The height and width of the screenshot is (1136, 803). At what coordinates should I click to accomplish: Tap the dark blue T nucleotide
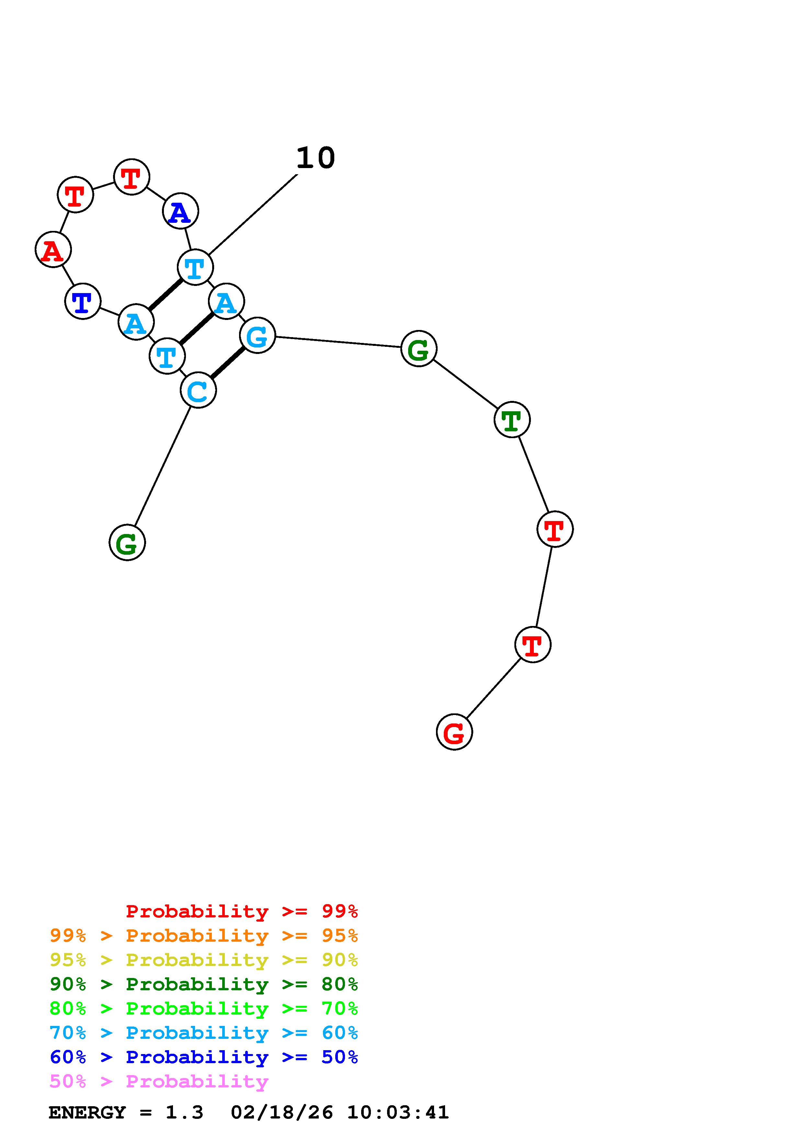(83, 301)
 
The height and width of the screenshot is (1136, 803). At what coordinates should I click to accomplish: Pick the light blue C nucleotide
(198, 390)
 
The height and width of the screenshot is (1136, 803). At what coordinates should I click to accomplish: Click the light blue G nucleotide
(257, 335)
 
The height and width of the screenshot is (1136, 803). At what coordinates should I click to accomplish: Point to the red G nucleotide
(454, 732)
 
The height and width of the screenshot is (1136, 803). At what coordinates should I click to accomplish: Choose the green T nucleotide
(512, 420)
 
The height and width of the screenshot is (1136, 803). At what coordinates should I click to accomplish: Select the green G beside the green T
(419, 349)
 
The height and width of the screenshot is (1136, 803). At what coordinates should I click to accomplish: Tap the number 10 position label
(315, 158)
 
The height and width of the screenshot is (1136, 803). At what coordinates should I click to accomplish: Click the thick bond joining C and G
(228, 363)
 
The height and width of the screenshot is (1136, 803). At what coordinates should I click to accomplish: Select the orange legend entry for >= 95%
(204, 936)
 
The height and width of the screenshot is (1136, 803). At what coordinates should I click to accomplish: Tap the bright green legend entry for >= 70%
(204, 1008)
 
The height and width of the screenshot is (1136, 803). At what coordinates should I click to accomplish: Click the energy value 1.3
(184, 1113)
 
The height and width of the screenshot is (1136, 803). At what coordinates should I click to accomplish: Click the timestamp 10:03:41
(398, 1113)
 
